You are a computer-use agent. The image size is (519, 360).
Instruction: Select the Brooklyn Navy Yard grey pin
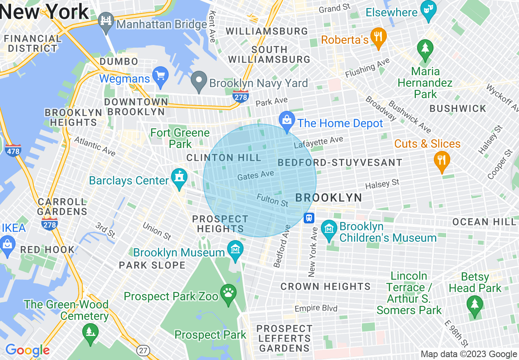pos(200,81)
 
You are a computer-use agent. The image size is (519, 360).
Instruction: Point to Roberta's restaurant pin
pos(379,38)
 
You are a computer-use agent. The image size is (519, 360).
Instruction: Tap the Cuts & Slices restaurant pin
pos(442,161)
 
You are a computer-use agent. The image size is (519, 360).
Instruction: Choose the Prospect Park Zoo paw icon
pos(228,294)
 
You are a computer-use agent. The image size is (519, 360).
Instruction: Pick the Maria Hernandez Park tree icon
pos(425,49)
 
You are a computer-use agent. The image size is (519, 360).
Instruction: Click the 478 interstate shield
pos(13,151)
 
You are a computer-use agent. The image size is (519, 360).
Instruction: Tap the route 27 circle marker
pos(143,350)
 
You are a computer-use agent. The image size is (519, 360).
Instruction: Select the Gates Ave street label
pos(255,175)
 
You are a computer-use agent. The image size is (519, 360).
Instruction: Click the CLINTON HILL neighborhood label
pos(223,158)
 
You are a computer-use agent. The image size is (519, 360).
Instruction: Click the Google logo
pos(27,350)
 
